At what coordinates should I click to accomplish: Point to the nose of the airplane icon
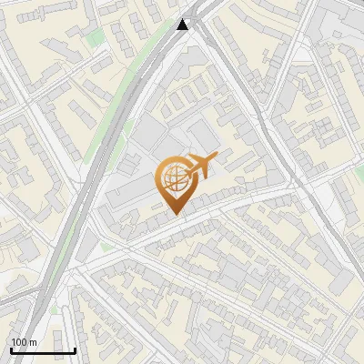216,157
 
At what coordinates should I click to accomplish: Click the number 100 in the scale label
20,342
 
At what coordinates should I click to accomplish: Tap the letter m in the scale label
34,342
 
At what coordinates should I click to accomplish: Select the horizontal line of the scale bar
43,350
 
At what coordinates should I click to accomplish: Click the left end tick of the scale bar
11,349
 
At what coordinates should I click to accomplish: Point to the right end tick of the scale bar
75,349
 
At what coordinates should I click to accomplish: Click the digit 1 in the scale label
14,342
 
